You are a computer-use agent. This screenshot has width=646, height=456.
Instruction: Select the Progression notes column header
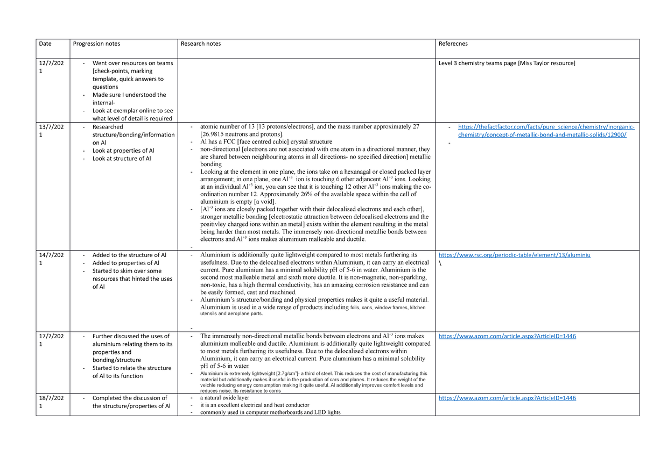pos(96,44)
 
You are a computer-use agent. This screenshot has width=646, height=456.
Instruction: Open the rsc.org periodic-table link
pos(515,255)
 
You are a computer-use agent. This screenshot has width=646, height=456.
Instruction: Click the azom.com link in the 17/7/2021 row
pos(507,337)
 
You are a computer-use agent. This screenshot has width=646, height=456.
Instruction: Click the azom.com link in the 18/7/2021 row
pos(507,398)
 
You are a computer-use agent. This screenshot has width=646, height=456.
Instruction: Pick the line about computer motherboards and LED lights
pos(270,412)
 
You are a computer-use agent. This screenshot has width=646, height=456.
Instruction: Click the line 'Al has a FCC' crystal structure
pos(266,141)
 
